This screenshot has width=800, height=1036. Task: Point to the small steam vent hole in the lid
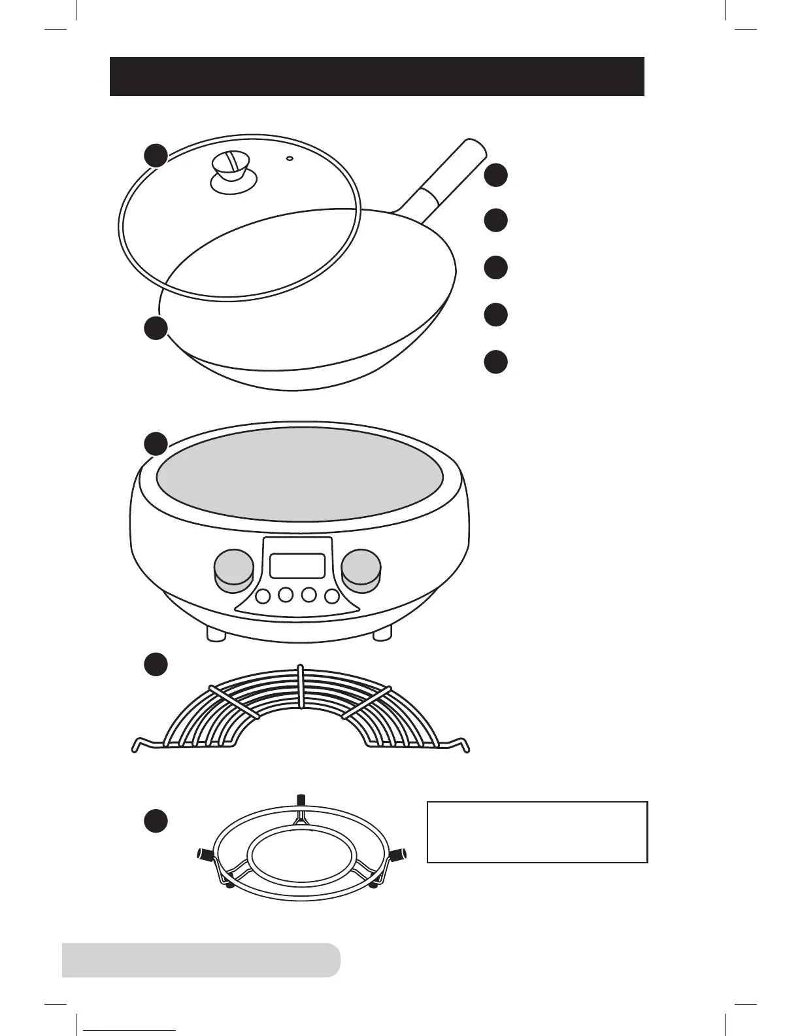pos(290,158)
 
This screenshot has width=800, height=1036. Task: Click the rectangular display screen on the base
pos(297,565)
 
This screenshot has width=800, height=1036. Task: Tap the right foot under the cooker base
pos(382,633)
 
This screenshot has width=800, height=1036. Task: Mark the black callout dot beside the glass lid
pos(156,155)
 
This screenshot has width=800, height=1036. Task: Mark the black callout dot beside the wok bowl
pos(156,328)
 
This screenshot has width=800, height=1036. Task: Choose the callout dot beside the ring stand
pos(156,821)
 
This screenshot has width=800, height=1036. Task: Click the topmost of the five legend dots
pos(496,175)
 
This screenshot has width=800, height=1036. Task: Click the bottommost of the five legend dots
pos(496,362)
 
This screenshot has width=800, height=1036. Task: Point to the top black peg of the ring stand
pos(301,800)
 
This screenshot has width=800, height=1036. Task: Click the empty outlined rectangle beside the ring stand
pos(537,832)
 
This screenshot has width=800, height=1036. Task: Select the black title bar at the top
pos(376,77)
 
